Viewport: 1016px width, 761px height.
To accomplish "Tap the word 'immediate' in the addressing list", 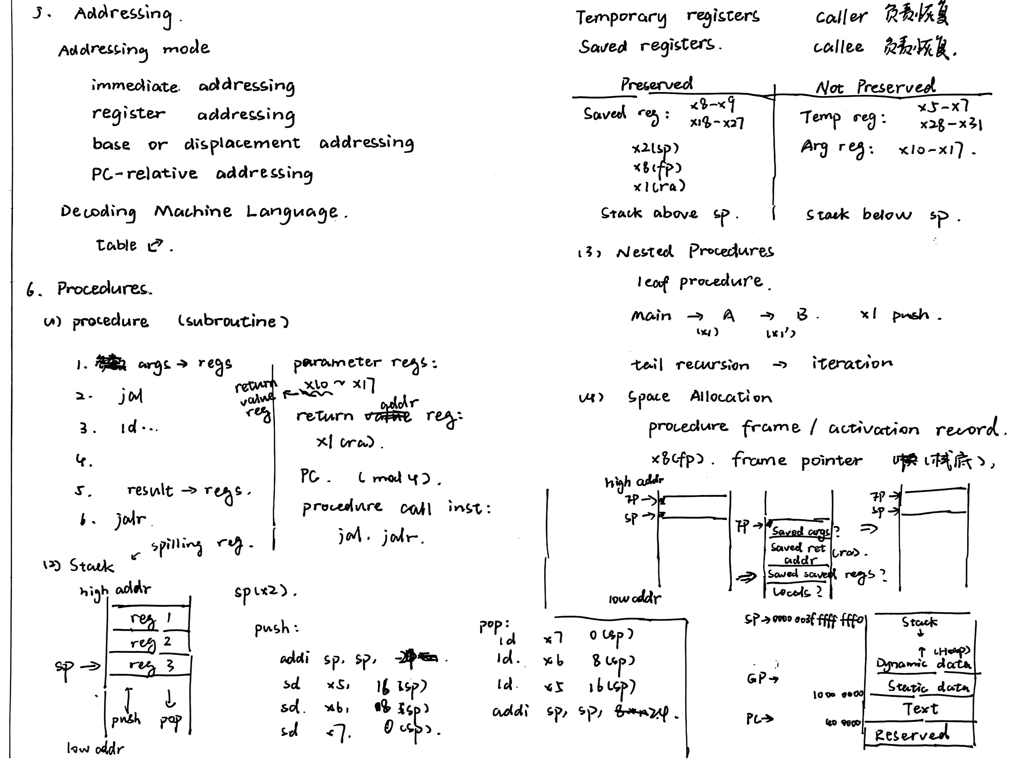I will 135,86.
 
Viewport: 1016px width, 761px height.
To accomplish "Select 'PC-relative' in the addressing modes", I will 144,174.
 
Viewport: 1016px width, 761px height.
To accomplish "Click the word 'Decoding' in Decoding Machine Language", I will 98,212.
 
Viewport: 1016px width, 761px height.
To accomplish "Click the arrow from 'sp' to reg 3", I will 90,665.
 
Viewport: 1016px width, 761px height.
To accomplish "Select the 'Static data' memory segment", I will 928,687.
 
